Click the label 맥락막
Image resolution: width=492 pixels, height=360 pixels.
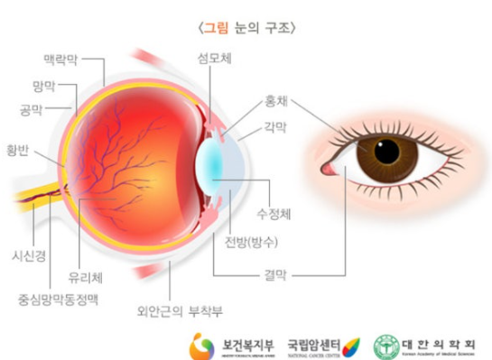[60, 60]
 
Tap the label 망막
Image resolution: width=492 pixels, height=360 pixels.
[43, 86]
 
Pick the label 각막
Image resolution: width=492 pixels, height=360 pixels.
[274, 129]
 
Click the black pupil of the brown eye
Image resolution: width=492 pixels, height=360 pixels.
[387, 152]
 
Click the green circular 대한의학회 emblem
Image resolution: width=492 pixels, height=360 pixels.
[386, 346]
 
